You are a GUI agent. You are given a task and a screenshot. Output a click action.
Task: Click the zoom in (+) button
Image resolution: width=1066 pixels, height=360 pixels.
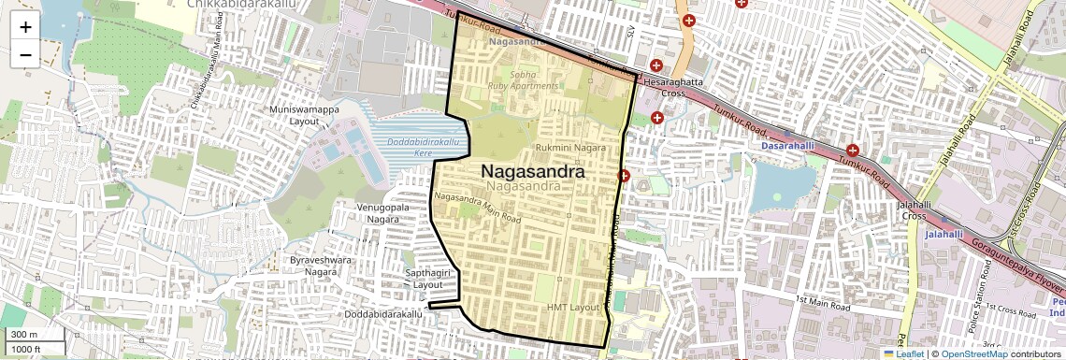pos(25,26)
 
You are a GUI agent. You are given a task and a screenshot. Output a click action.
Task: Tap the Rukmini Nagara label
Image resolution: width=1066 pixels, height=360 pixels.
pos(570,148)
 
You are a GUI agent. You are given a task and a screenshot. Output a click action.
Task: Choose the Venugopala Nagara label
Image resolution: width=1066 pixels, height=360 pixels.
pos(384,212)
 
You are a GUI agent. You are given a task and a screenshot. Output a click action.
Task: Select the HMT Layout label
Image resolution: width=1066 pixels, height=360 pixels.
pos(572,308)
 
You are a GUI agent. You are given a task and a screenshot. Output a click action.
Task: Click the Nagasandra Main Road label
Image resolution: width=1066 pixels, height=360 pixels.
pos(478,208)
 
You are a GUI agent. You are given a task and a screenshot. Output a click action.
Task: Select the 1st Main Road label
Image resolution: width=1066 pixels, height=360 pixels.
pos(823,302)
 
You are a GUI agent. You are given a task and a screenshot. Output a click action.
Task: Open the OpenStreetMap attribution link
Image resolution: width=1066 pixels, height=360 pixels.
pos(974,353)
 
